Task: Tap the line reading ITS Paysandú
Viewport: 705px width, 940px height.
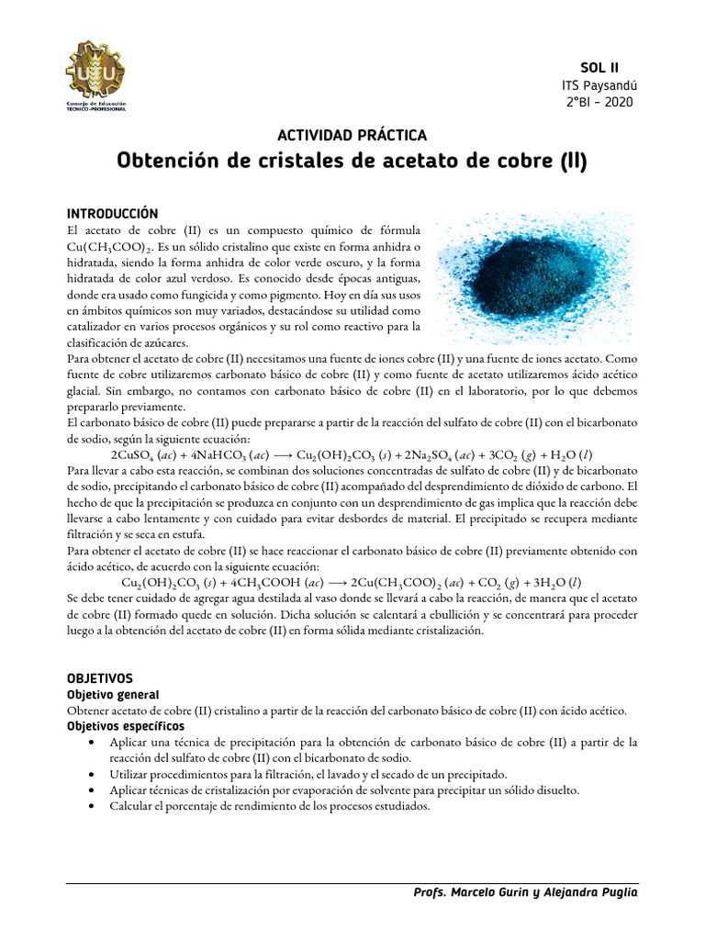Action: click(599, 84)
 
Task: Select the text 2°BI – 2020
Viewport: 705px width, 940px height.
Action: click(599, 101)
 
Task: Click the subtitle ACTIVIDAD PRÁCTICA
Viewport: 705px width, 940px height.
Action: click(352, 135)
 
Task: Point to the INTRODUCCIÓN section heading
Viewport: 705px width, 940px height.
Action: click(113, 213)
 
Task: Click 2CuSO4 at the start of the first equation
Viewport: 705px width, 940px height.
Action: click(131, 455)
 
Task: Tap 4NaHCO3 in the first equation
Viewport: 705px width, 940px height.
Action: click(213, 455)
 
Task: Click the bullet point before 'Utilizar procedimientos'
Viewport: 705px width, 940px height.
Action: click(96, 775)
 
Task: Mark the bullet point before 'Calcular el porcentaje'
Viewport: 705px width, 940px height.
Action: click(96, 807)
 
